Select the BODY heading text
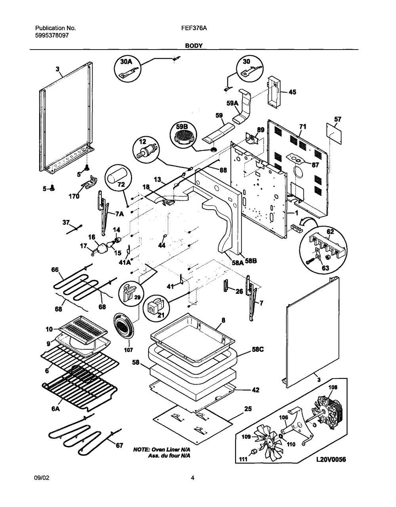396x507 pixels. click(x=194, y=46)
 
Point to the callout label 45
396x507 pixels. click(x=292, y=92)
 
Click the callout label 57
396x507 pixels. click(x=337, y=119)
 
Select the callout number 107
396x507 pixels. click(x=128, y=350)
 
